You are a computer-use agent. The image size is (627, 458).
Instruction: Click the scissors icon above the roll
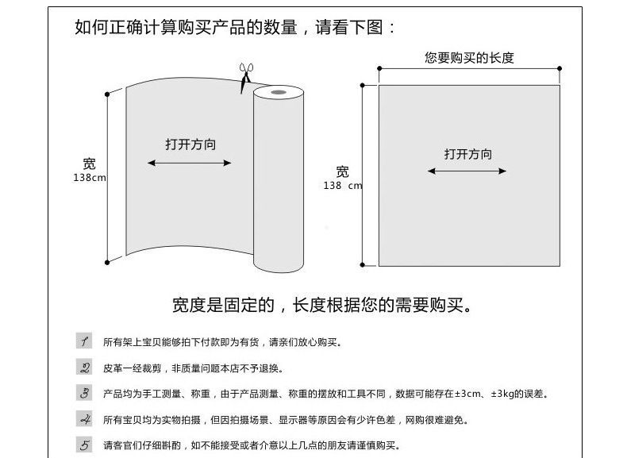[245, 77]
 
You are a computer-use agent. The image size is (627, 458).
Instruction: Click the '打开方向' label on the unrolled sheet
[190, 144]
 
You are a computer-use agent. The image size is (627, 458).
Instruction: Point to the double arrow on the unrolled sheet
[190, 164]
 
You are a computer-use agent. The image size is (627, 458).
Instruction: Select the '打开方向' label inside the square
[468, 154]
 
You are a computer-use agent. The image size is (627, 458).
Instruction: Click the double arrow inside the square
[467, 171]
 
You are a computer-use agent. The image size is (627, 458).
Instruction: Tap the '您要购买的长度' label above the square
[469, 57]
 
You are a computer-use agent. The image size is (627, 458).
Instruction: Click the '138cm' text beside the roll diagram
[90, 178]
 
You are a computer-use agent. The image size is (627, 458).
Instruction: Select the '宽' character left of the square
[342, 171]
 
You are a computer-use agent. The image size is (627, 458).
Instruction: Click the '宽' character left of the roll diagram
[90, 164]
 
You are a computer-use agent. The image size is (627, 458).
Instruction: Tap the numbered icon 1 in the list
[84, 341]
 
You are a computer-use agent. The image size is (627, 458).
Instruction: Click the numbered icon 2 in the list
[84, 368]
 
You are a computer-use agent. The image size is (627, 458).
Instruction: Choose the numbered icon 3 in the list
[84, 393]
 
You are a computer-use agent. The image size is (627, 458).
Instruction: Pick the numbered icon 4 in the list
[84, 419]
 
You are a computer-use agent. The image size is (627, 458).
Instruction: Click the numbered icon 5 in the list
[84, 445]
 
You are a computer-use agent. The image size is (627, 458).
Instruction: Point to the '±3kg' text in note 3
[505, 394]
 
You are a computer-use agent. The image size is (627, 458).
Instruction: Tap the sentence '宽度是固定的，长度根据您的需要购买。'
[322, 305]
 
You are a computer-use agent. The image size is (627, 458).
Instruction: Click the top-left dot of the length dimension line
[379, 69]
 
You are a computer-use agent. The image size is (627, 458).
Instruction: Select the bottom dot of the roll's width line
[107, 261]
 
